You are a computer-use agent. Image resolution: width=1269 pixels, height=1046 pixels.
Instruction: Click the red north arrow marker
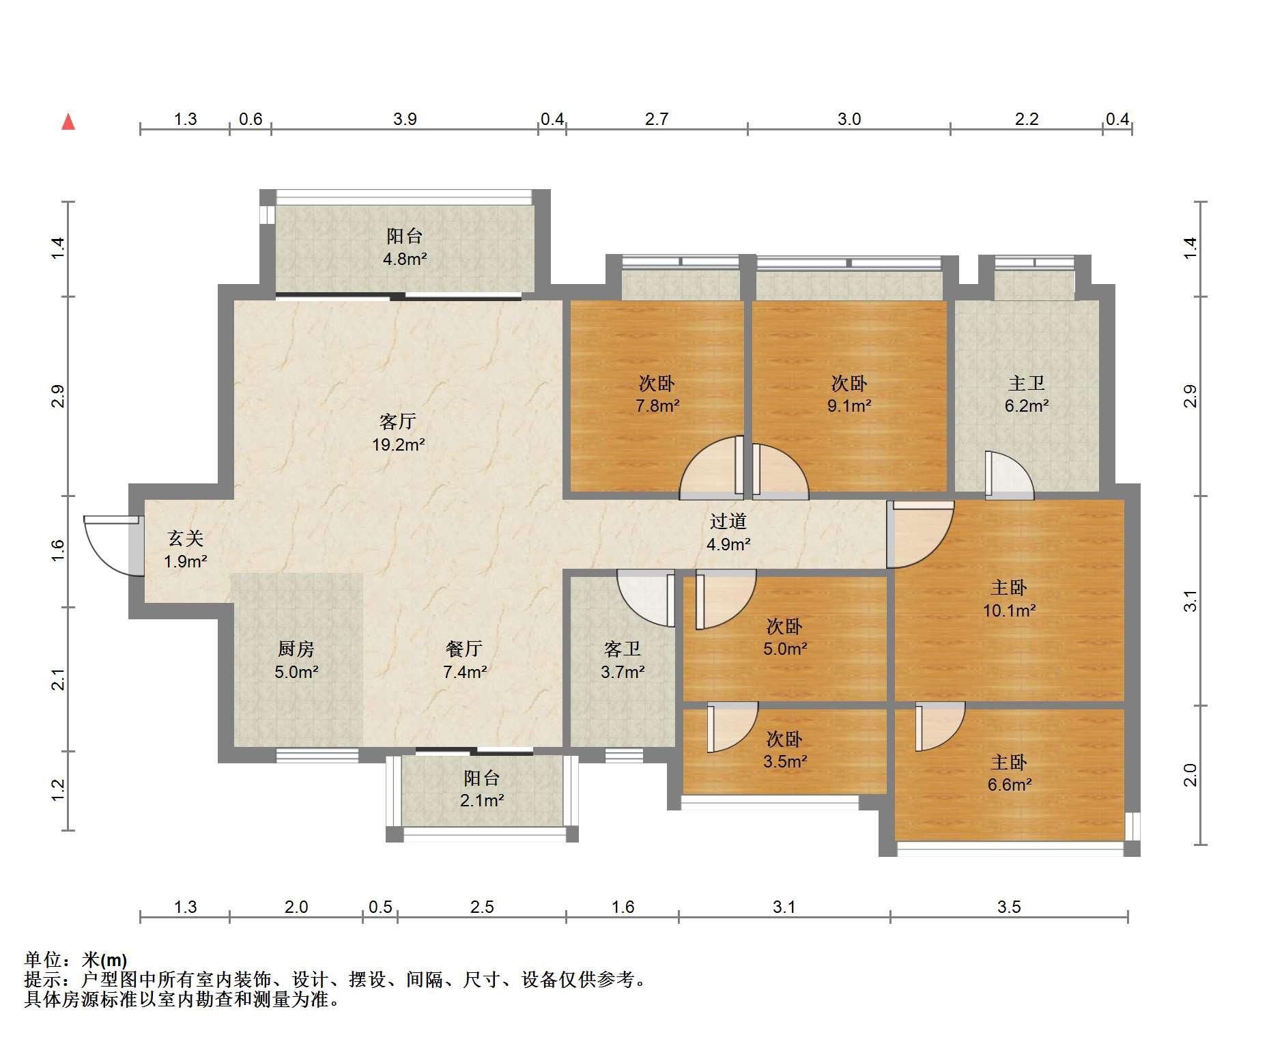(x=68, y=122)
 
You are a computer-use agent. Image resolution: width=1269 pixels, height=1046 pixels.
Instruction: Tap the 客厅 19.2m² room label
(x=398, y=433)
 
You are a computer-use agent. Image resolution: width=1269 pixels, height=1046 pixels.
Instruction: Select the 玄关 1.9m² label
(x=186, y=550)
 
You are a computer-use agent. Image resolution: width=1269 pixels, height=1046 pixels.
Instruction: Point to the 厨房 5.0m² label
(x=296, y=660)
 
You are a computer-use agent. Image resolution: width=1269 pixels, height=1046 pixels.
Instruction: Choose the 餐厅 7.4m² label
(x=465, y=660)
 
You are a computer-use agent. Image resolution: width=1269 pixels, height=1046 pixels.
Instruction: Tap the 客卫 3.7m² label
(x=623, y=660)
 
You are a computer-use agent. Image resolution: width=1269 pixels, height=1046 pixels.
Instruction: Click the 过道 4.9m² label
(x=728, y=533)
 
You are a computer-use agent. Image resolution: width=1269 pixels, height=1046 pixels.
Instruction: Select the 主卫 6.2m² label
(x=1027, y=394)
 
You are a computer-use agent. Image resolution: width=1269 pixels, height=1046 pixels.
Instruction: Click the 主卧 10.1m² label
(x=1009, y=598)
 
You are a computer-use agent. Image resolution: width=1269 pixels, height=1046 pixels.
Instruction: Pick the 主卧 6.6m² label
(x=1009, y=773)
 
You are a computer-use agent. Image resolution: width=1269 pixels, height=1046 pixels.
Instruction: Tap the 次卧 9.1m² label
(x=849, y=394)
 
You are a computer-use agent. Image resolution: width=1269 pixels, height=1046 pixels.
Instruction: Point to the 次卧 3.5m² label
(x=784, y=750)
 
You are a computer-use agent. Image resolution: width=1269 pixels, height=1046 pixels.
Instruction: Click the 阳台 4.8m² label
(x=405, y=247)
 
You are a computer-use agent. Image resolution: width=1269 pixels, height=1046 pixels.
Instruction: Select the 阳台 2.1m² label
(x=482, y=789)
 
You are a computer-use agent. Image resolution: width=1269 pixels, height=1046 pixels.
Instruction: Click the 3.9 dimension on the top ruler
(x=405, y=119)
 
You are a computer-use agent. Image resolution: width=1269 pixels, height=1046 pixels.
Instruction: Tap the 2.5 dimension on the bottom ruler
(x=482, y=907)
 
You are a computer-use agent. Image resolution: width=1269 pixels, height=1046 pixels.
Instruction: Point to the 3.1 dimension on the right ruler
(x=1190, y=601)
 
